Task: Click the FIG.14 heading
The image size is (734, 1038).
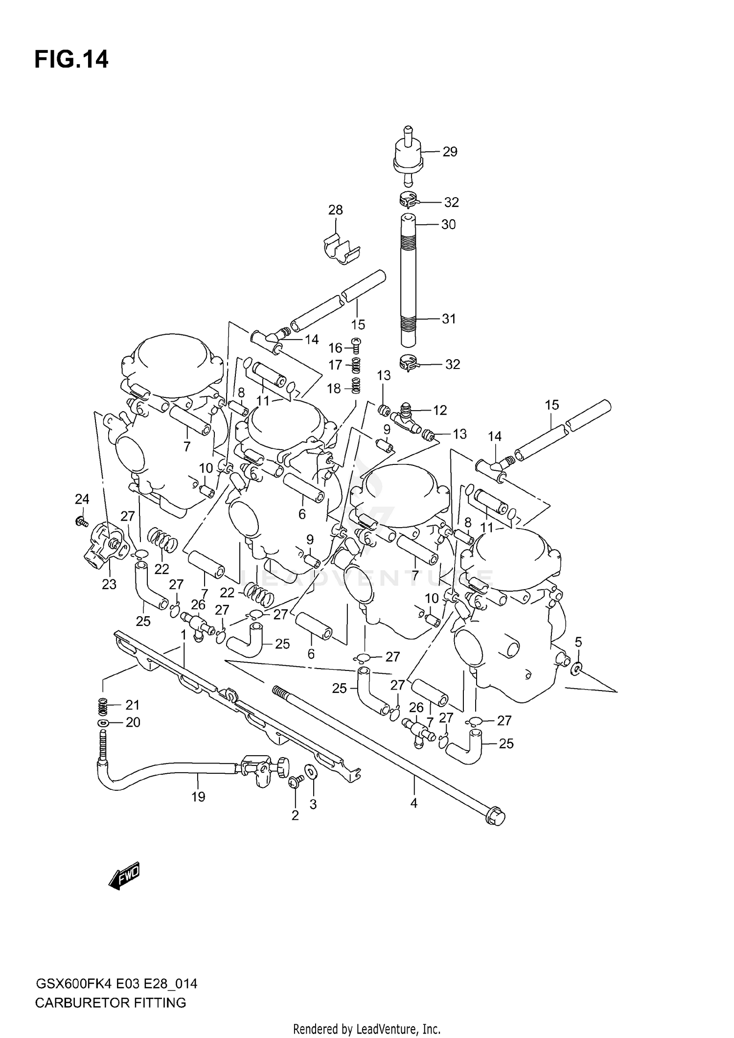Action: coord(71,59)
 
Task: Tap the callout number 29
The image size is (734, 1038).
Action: coord(450,152)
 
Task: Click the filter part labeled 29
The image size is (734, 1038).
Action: coord(408,157)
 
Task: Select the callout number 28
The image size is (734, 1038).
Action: coord(335,210)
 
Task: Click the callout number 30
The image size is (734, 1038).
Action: coord(448,225)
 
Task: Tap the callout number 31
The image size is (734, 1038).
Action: coord(449,319)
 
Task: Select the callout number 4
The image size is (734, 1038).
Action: coord(413,803)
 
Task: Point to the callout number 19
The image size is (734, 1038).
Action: coord(198,797)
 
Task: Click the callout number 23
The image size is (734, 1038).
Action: coord(109,584)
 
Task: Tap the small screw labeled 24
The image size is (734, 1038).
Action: coord(81,522)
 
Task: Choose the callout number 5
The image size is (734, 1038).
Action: coord(578,642)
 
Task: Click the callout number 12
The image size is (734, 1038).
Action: coord(440,410)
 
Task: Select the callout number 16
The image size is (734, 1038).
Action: coord(335,348)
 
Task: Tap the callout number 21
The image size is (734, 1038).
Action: coord(133,705)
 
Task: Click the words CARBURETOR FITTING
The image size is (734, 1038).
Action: coord(111,1003)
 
